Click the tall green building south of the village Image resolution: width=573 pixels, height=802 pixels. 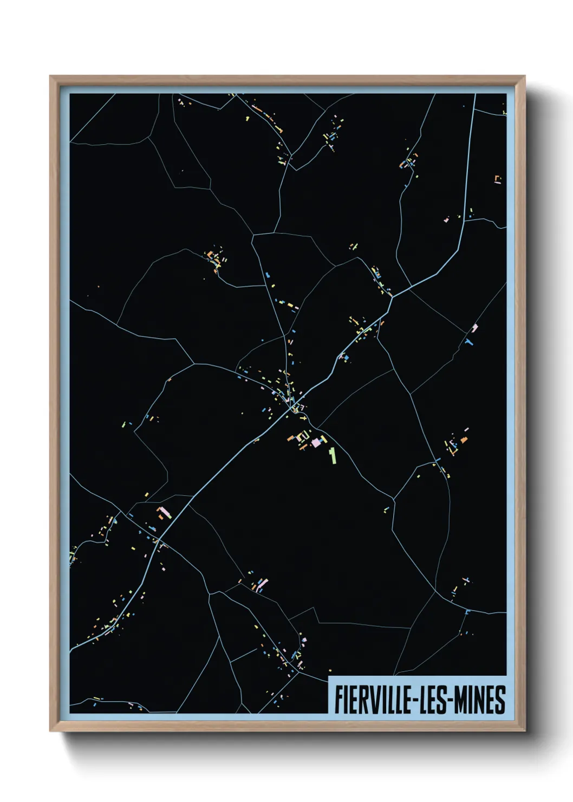tap(333, 455)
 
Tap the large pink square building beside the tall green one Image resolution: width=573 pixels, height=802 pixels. tap(315, 443)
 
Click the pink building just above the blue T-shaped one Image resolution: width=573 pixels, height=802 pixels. tap(475, 328)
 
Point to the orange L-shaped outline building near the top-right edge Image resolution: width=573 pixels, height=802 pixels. tap(497, 179)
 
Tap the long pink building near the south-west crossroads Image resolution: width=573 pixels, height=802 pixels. tap(164, 512)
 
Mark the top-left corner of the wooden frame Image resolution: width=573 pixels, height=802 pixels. tap(51, 76)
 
